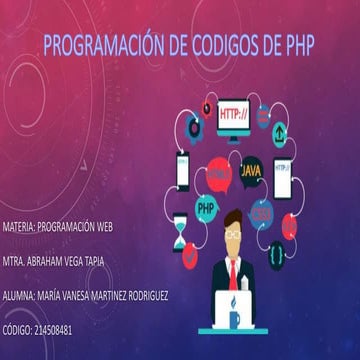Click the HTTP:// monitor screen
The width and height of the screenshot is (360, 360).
(236, 117)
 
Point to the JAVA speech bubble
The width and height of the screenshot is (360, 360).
(252, 172)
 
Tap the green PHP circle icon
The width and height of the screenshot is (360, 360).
(207, 209)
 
